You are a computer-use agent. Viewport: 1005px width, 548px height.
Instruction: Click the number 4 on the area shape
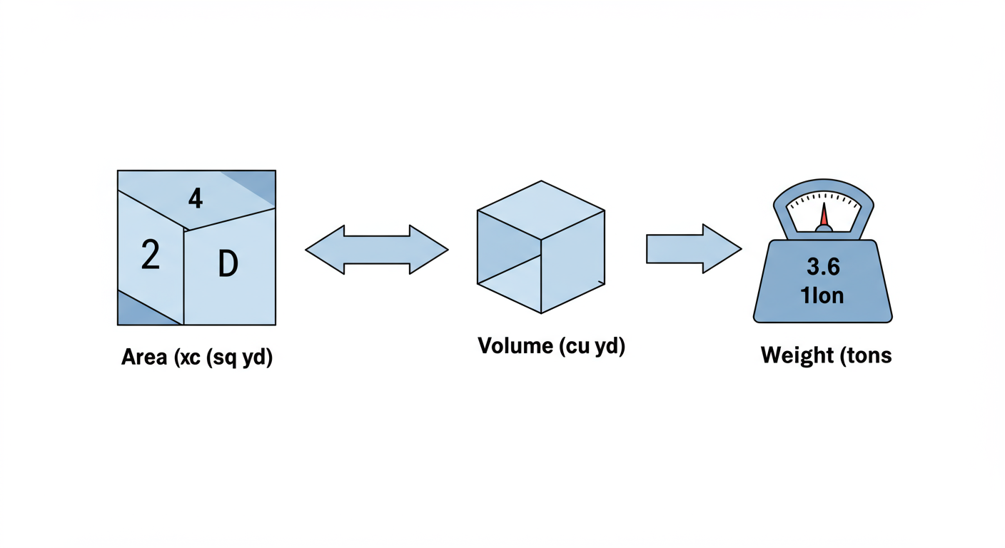coord(195,198)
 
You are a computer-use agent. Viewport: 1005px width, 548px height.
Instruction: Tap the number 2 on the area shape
coord(151,255)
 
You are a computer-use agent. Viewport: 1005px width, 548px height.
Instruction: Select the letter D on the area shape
coord(228,265)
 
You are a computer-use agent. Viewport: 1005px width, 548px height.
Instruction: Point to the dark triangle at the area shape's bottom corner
coord(139,313)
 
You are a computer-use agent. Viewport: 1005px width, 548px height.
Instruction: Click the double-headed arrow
coord(377,250)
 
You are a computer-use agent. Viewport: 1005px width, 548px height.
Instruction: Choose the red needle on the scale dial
coord(823,215)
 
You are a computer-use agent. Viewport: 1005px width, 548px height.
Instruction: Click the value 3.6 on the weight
coord(823,268)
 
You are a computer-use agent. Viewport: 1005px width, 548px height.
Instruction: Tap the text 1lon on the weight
coord(823,295)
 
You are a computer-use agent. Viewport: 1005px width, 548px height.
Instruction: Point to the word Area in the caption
coord(143,357)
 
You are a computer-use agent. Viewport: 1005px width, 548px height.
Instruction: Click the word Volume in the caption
coord(515,346)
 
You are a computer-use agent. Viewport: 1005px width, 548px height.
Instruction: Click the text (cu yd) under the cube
coord(592,347)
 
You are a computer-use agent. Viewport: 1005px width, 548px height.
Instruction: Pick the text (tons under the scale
coord(864,355)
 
